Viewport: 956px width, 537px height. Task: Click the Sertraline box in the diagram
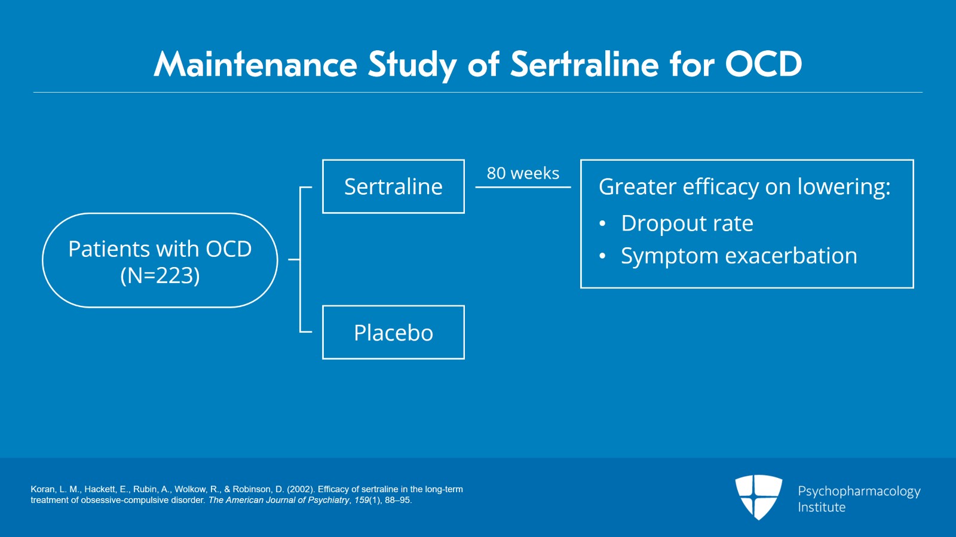(393, 186)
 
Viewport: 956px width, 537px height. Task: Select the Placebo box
(393, 333)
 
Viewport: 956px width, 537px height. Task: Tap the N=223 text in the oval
(160, 275)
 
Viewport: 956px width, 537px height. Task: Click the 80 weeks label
(523, 173)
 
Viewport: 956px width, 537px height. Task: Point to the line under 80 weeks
(523, 187)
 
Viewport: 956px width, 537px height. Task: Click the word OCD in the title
(763, 64)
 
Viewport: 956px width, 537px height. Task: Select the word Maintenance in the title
(255, 64)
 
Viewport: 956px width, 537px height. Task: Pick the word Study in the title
(412, 64)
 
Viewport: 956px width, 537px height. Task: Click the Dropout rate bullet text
(687, 223)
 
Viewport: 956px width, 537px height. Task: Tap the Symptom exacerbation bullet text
(739, 256)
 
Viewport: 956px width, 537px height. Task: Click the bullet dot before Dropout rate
(602, 224)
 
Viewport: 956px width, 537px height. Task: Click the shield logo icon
(758, 496)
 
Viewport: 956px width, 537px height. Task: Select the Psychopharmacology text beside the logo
(859, 492)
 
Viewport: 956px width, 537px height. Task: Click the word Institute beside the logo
(822, 507)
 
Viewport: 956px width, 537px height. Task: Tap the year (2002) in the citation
(301, 489)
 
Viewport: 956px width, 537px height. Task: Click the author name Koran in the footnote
(42, 489)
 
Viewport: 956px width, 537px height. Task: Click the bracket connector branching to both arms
(300, 260)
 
